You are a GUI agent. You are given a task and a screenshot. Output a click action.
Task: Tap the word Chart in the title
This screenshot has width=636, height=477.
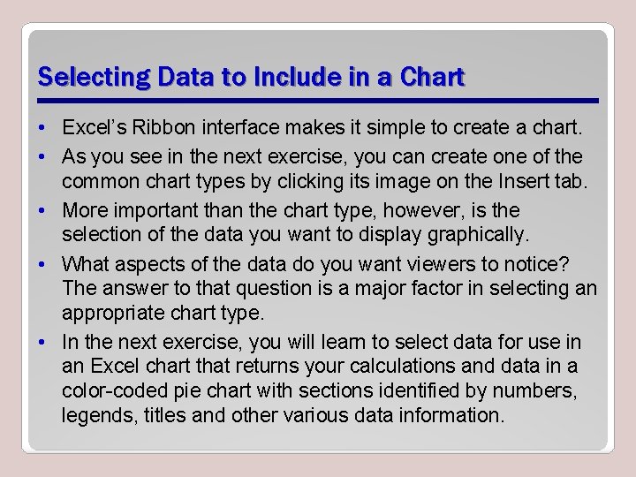[432, 78]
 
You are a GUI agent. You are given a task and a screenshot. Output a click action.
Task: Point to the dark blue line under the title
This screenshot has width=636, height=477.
[318, 100]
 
